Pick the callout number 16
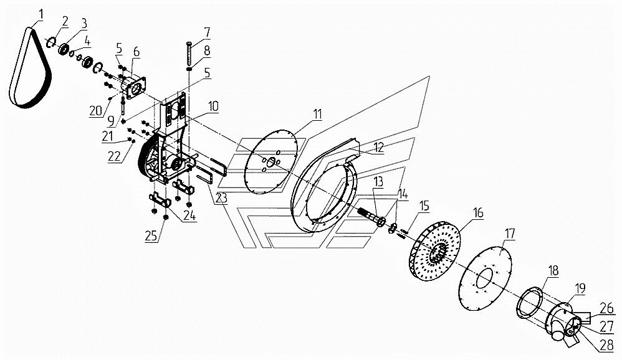click(x=477, y=213)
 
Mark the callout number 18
click(x=553, y=270)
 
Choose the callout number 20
click(x=95, y=111)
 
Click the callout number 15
click(x=424, y=206)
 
